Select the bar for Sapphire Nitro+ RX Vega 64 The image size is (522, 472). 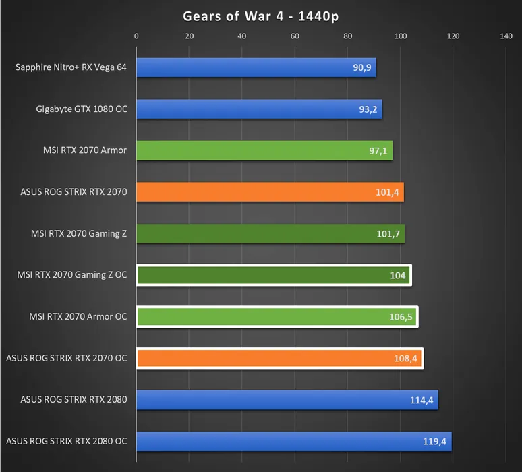256,67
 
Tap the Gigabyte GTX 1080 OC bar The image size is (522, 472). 259,109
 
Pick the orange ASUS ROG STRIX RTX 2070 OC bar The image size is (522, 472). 279,358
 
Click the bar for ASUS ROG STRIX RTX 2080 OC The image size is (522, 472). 293,442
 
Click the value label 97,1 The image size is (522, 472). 378,150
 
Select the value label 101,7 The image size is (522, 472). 390,234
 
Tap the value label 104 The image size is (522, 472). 398,276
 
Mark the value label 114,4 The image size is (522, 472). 424,400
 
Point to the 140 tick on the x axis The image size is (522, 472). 506,36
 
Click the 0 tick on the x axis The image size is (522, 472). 136,36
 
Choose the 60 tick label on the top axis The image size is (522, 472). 295,36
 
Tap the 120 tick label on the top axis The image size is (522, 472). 453,36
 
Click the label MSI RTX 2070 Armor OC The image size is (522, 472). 78,317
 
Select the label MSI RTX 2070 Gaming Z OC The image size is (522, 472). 72,275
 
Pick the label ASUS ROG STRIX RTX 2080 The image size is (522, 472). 74,400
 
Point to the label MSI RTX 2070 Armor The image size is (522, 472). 84,150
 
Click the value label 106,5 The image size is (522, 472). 403,317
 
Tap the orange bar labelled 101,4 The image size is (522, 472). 270,192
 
